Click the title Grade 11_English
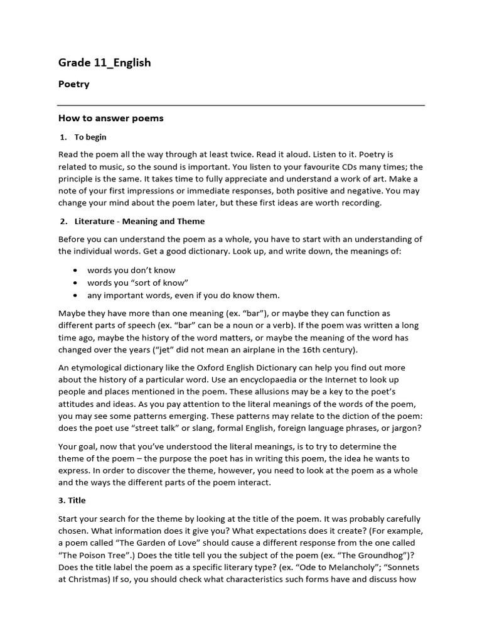(x=104, y=62)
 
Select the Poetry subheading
(x=74, y=84)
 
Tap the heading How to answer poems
(x=110, y=118)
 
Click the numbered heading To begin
(x=90, y=137)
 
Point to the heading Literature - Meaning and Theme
(x=139, y=221)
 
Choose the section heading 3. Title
(x=72, y=500)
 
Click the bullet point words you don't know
(x=131, y=270)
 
